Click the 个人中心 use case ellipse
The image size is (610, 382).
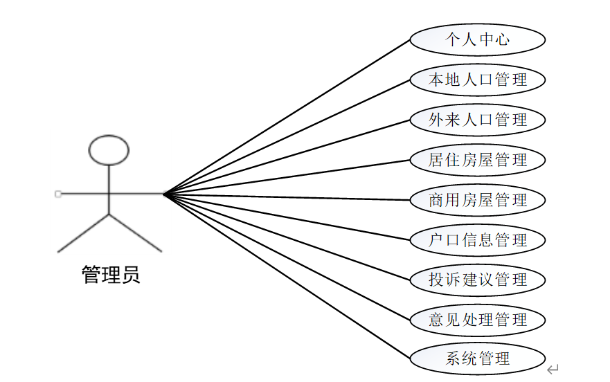pos(478,39)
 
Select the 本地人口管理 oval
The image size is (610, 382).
pos(478,80)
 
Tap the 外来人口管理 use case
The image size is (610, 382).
pos(478,120)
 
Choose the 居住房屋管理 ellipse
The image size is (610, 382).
pos(478,160)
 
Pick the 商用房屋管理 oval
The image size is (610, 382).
pos(478,200)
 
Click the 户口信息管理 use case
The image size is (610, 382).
pos(478,239)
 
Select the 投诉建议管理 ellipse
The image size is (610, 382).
pos(478,280)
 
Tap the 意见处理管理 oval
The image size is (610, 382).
pos(478,320)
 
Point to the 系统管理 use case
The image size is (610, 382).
pos(478,358)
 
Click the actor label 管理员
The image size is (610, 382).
pos(111,275)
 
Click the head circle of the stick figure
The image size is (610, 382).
pos(109,149)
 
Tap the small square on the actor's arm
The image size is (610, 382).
pos(58,194)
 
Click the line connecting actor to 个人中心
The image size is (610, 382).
pos(287,116)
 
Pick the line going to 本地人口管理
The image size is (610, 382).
pos(287,136)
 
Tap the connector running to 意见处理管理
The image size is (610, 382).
pos(287,256)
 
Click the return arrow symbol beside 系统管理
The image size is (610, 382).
pos(553,370)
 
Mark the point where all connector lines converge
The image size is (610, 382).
pos(164,194)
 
